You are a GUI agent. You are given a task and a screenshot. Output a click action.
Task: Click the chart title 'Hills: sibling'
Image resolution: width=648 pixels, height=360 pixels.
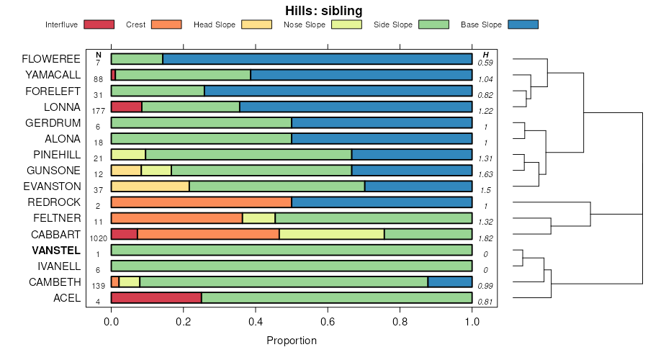324,11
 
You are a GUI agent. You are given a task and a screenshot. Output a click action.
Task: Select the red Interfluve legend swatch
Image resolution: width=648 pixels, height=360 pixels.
99,24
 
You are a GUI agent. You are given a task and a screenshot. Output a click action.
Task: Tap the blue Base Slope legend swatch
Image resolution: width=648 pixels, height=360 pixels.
523,24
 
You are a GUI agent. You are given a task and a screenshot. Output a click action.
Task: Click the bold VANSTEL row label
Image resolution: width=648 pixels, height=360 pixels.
56,250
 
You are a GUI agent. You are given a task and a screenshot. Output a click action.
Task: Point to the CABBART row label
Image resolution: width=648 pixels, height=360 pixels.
55,234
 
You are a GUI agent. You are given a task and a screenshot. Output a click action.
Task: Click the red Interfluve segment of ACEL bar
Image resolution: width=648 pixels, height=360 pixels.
156,298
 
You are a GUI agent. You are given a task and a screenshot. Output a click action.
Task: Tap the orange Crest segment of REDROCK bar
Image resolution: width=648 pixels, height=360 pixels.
201,202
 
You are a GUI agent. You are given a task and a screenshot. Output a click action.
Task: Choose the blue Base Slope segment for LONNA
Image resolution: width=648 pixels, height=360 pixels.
356,107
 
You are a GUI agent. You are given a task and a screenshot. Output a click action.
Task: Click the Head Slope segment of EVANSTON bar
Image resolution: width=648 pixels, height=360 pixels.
150,186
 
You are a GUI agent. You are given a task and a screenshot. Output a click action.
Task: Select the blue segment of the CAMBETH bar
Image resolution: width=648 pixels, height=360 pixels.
450,282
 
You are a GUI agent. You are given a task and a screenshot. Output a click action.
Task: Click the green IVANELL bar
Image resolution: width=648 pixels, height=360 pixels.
292,266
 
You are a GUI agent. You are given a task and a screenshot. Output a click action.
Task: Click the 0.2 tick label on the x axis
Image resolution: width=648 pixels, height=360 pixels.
183,322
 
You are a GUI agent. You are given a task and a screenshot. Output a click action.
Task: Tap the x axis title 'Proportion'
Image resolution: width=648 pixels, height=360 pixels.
292,340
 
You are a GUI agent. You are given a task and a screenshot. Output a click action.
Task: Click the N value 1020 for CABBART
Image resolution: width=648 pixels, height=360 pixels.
98,238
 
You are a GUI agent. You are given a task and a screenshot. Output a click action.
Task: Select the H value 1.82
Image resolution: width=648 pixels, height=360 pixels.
486,238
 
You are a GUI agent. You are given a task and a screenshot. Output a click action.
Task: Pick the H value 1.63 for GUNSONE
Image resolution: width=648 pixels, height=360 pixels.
486,174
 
